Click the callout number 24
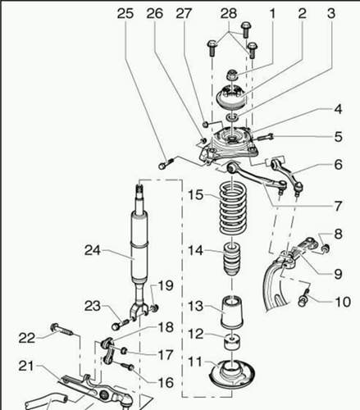(x=93, y=250)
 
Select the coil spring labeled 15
(x=233, y=209)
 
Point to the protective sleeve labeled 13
(x=232, y=312)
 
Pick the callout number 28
(x=229, y=13)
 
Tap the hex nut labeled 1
(x=232, y=75)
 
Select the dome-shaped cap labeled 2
(x=231, y=98)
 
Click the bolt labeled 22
(x=62, y=330)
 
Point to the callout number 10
(x=343, y=302)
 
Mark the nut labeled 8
(x=326, y=248)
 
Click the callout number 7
(x=338, y=206)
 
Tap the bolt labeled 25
(x=166, y=163)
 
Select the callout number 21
(x=26, y=366)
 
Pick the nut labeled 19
(x=155, y=308)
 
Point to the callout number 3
(x=331, y=13)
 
